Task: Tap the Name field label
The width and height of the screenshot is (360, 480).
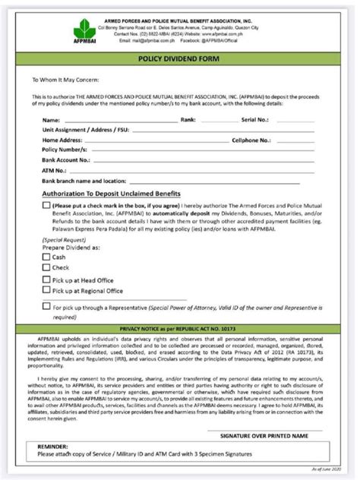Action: click(52, 120)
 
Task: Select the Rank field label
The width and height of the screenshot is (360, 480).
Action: click(188, 120)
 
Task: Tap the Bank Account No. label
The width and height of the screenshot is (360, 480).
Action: click(67, 161)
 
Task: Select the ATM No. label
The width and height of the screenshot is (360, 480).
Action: click(55, 172)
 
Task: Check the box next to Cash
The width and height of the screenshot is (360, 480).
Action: click(47, 257)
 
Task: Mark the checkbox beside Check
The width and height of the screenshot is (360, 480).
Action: click(47, 268)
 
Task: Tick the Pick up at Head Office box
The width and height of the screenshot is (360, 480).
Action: click(47, 279)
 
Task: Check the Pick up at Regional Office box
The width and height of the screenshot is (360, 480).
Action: click(47, 290)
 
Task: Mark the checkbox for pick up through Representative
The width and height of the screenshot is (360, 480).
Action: click(47, 306)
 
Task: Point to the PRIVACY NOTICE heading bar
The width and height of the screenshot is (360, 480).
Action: click(179, 326)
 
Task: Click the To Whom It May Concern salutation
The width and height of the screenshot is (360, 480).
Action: click(65, 79)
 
